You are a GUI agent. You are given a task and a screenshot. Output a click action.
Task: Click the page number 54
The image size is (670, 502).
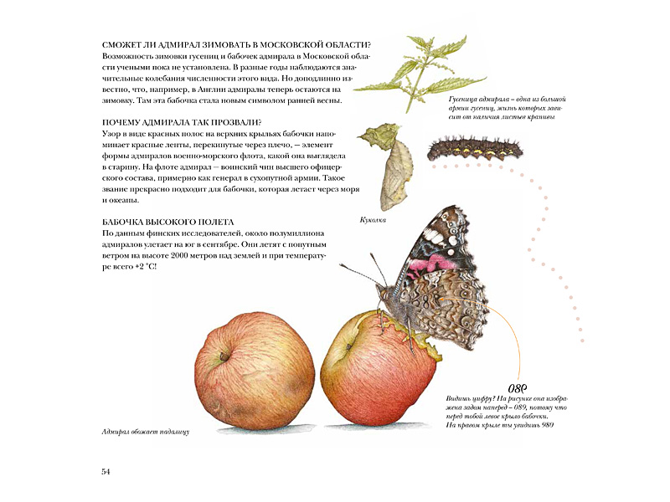[106, 472]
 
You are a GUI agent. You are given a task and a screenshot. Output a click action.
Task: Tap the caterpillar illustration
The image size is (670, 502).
[474, 149]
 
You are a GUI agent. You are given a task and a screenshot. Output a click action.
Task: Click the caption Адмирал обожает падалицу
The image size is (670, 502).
[140, 432]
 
